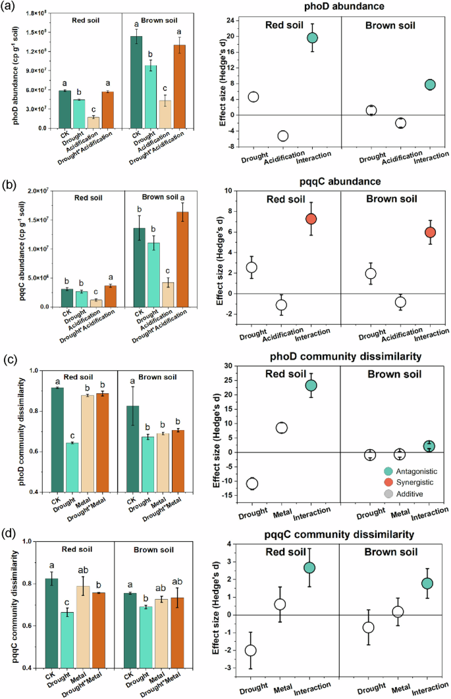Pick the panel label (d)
click(9, 534)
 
